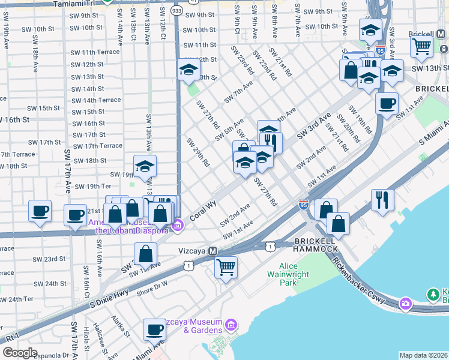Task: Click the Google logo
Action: point(20,353)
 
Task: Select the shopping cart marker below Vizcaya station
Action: point(226,267)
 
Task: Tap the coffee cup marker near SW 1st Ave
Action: point(387,103)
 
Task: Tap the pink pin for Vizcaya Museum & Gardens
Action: point(232,326)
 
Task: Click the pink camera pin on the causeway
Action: point(405,304)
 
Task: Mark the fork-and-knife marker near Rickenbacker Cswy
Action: point(382,199)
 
